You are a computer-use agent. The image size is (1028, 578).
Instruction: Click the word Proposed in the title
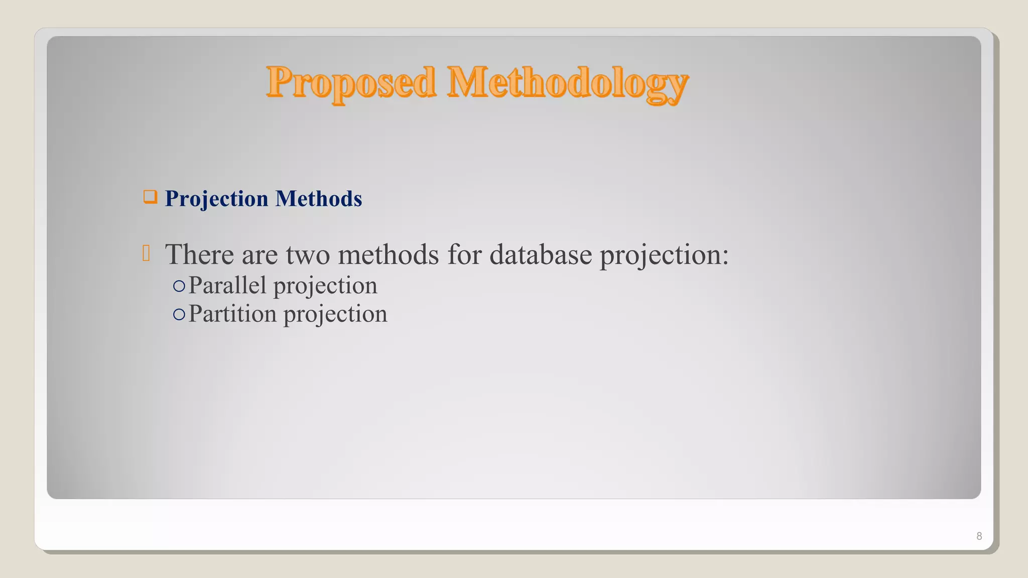351,83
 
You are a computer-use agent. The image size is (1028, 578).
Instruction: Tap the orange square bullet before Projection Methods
150,197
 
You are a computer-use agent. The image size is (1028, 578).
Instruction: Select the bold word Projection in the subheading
216,199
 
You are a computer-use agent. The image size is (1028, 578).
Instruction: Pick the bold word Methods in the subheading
319,199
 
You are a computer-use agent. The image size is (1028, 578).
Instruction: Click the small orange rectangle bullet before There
146,253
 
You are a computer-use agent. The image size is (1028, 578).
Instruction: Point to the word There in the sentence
199,254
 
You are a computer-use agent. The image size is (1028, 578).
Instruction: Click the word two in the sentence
308,254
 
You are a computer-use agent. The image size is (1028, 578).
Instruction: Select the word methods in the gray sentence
389,254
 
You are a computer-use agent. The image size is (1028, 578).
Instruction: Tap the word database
541,254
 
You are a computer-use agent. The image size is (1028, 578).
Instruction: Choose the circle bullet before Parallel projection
179,286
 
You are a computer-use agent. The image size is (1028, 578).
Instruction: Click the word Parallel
227,285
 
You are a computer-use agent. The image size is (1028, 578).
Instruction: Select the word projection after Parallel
325,286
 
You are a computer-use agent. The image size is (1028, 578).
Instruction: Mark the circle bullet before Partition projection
179,315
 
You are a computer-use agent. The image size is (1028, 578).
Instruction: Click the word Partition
232,314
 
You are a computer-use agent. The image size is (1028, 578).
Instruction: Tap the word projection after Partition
335,315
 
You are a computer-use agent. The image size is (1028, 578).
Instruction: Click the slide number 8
979,536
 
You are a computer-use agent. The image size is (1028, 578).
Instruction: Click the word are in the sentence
260,255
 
